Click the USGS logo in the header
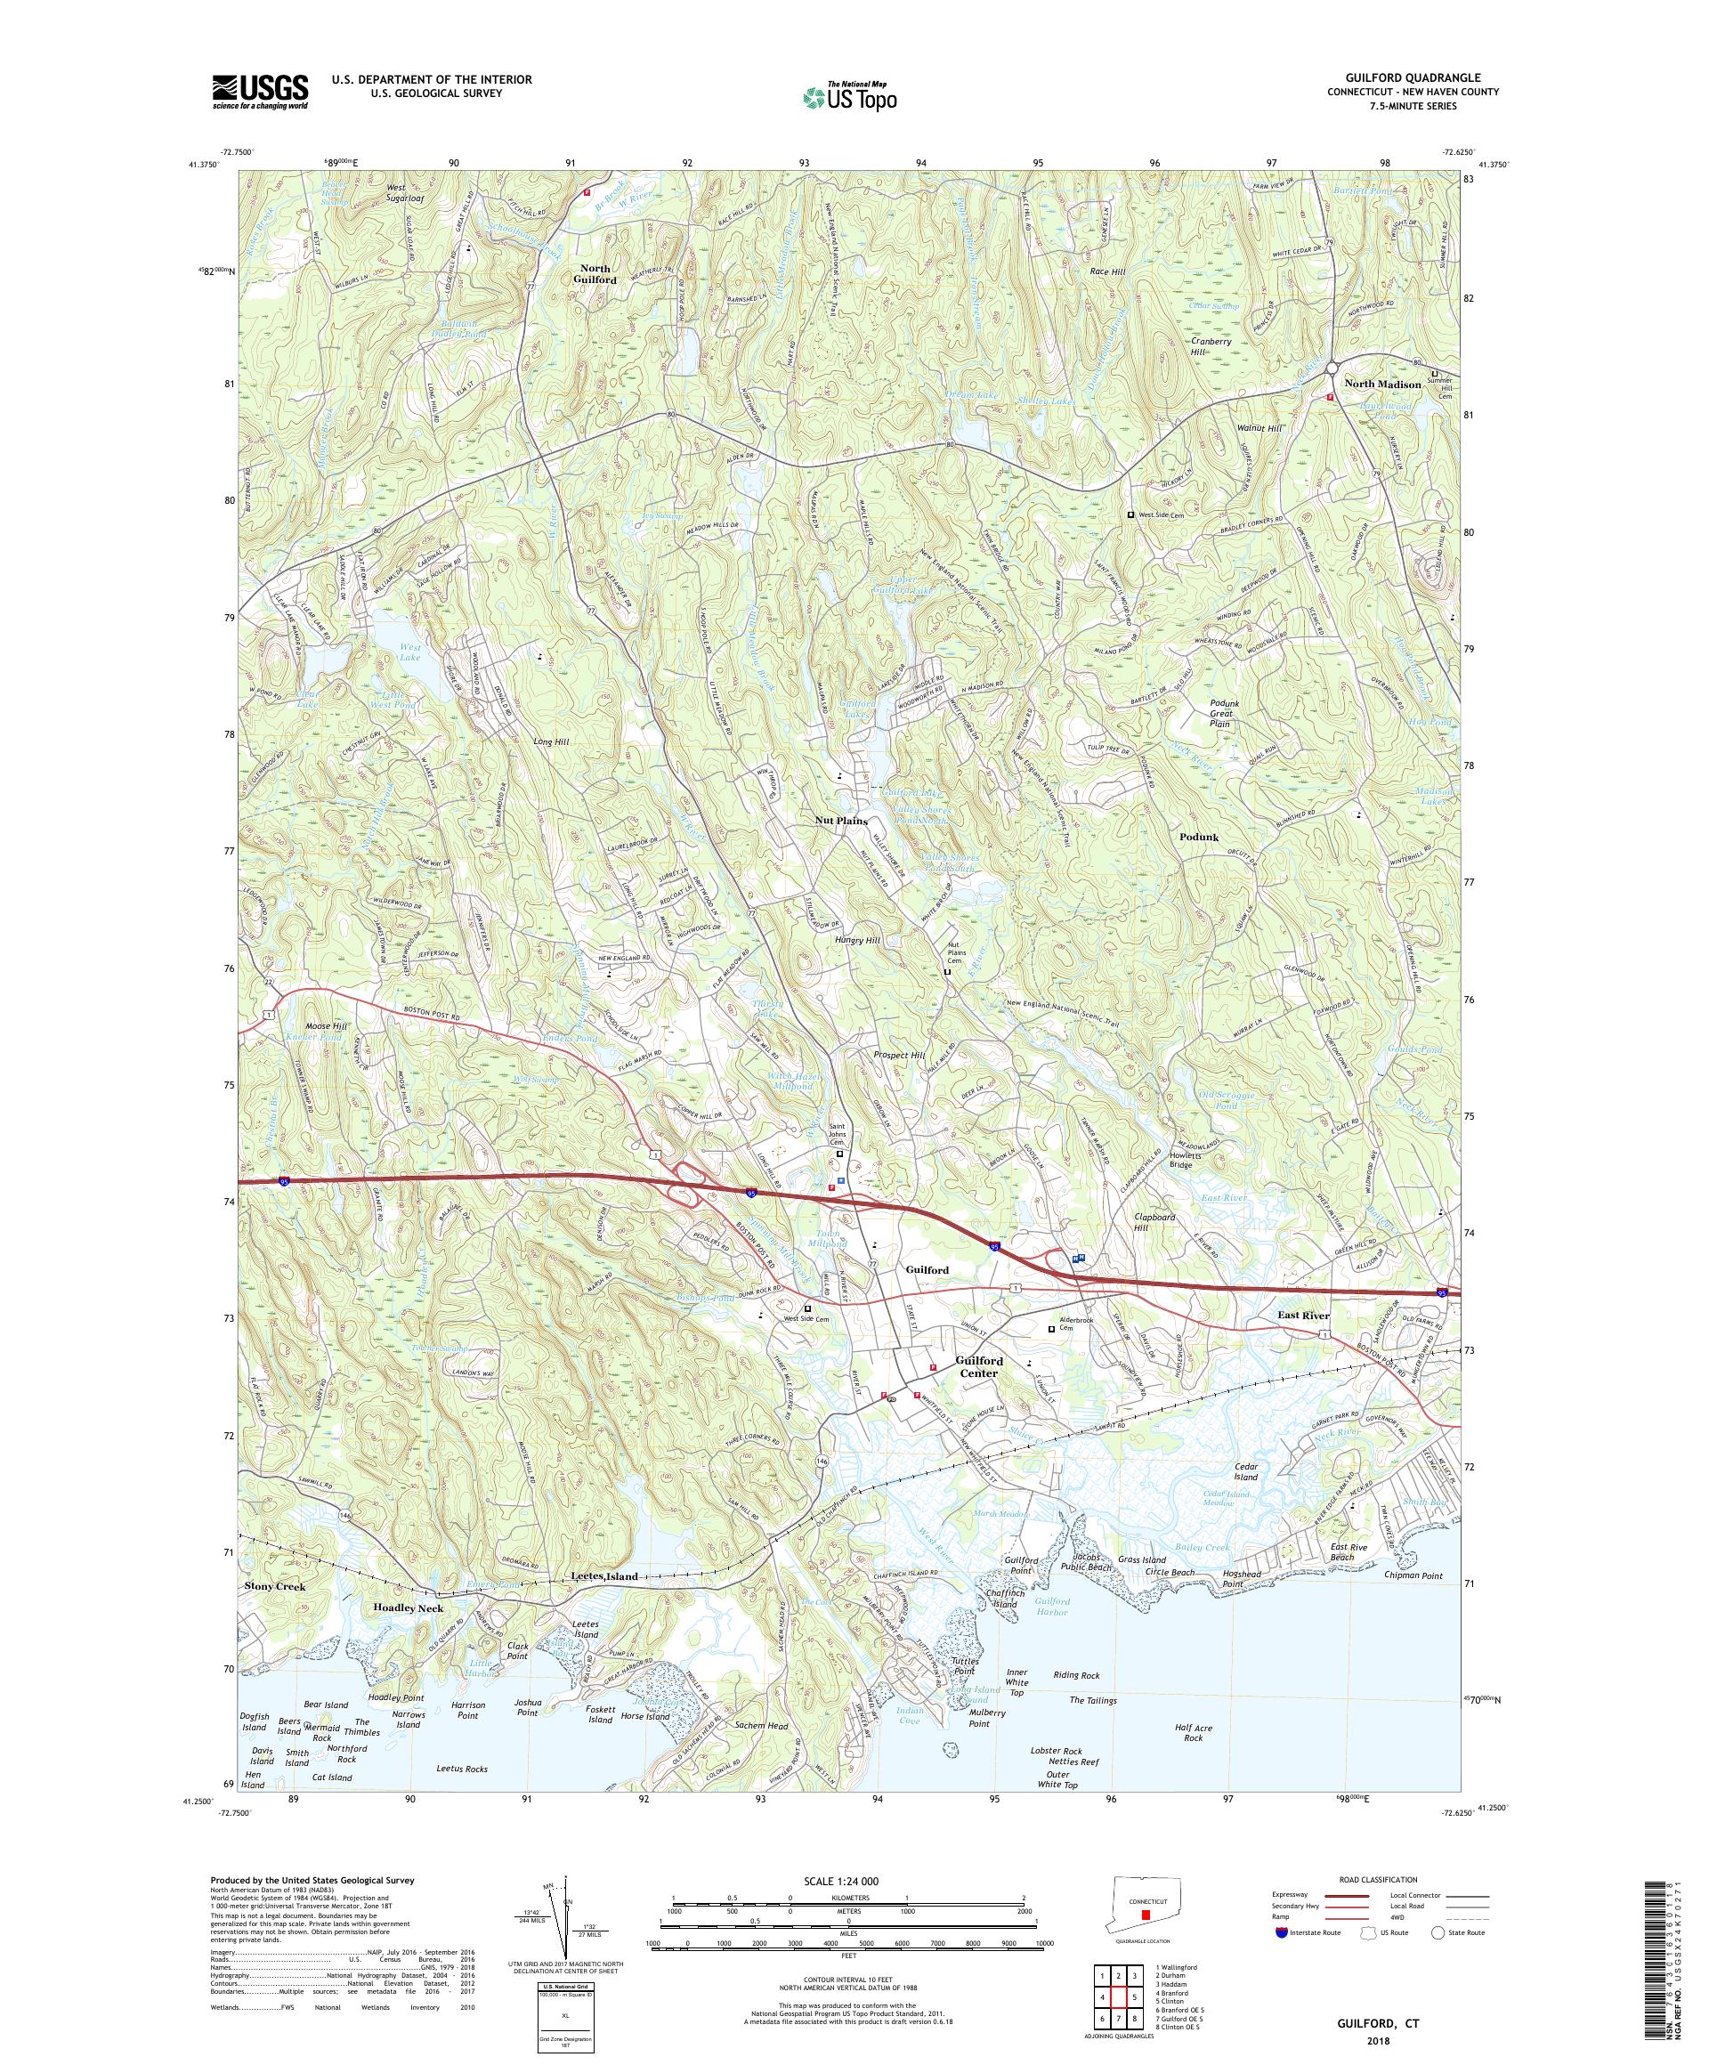tap(260, 93)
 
